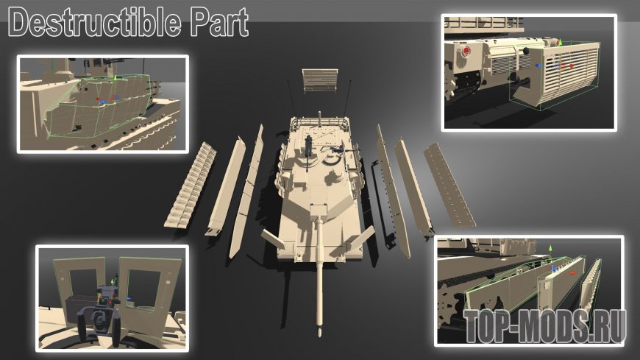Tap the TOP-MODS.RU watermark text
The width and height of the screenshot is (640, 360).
[545, 325]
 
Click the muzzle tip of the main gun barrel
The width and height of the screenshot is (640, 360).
[320, 333]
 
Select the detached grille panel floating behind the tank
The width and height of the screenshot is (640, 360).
[320, 80]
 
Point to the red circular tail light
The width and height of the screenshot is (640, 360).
[466, 51]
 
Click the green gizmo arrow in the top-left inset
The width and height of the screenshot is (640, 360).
[115, 77]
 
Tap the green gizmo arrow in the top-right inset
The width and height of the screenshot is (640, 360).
[561, 42]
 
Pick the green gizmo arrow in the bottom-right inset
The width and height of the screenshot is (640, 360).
[550, 248]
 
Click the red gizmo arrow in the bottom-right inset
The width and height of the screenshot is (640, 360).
[572, 273]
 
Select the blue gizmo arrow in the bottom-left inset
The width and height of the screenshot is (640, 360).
[129, 299]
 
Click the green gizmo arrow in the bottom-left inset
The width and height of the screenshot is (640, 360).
[113, 281]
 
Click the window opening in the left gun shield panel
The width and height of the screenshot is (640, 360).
[84, 286]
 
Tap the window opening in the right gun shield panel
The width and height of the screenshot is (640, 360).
[143, 289]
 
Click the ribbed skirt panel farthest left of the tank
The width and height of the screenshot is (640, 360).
[191, 185]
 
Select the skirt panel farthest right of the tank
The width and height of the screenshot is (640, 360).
[449, 185]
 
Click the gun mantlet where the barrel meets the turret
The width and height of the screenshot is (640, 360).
[319, 213]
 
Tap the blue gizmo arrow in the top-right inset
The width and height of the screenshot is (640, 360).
[538, 66]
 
